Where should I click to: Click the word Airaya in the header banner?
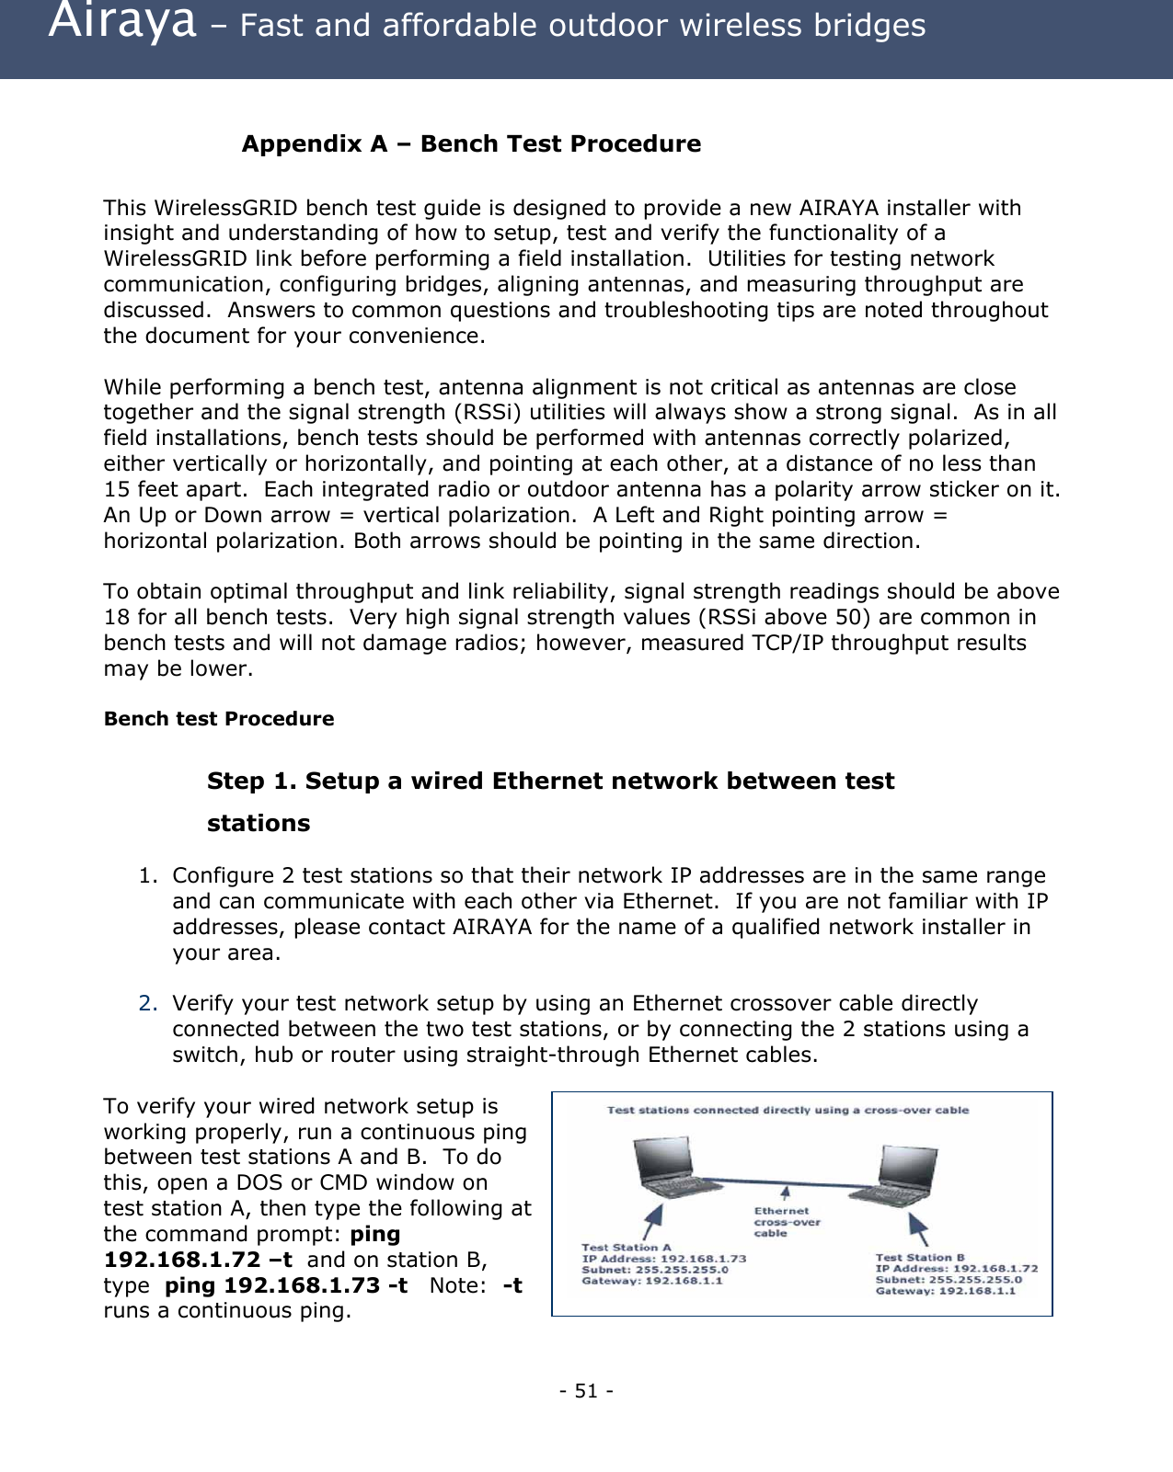click(121, 22)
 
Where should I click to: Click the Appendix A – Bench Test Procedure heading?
click(470, 144)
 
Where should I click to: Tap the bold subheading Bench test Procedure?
click(219, 719)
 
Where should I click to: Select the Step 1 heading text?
click(550, 782)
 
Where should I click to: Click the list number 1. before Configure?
click(148, 875)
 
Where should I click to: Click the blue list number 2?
click(148, 1003)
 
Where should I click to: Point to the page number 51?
click(586, 1390)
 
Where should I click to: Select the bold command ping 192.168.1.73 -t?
click(286, 1285)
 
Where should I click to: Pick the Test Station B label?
click(920, 1257)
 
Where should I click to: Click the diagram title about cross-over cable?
click(788, 1111)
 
